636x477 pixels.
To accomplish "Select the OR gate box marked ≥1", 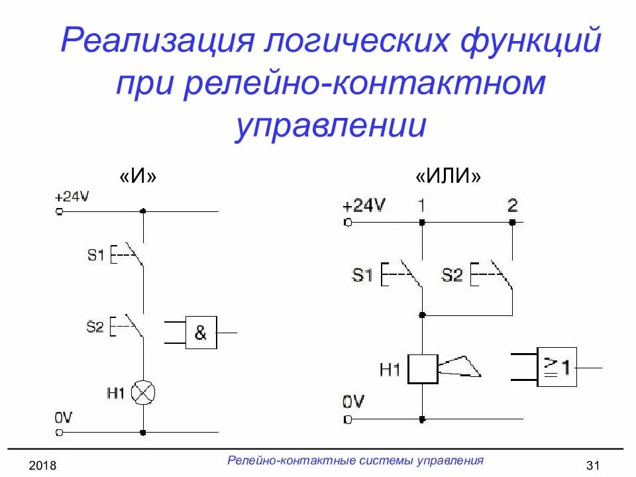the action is [556, 367].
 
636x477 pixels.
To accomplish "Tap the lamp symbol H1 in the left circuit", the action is [143, 393].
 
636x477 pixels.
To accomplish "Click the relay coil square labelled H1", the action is [422, 369].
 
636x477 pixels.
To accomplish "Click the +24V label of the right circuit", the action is [364, 205].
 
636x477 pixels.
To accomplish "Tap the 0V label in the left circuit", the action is [64, 418].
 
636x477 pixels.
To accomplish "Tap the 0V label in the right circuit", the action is [354, 401].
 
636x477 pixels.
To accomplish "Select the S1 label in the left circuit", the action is [96, 254].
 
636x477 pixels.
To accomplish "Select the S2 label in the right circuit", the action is [452, 275].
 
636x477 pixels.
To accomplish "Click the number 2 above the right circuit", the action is [512, 204].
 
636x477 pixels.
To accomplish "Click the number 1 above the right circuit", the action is [421, 204].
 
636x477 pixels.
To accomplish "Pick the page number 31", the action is [593, 466].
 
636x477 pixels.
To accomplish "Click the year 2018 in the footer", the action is [42, 466].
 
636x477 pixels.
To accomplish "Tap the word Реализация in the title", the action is [156, 42].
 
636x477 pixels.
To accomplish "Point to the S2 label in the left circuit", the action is [95, 326].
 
